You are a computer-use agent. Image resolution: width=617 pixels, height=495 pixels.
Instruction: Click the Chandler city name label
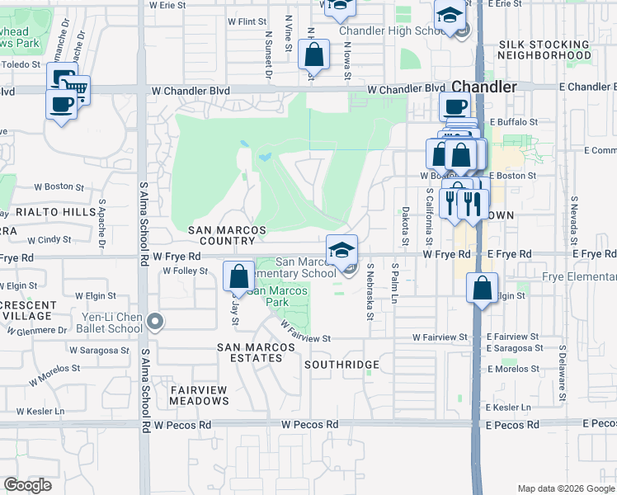coord(484,87)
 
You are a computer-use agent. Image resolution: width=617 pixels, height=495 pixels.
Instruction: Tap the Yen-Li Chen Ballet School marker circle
coord(154,321)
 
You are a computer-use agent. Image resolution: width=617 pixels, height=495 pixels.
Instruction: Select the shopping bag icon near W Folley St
coord(238,277)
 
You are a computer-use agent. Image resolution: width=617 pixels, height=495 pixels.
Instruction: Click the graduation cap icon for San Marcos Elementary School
coord(342,249)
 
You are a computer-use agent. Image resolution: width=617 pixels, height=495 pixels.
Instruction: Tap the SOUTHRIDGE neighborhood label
coord(341,365)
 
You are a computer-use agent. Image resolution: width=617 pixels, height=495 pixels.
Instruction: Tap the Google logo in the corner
coord(27,485)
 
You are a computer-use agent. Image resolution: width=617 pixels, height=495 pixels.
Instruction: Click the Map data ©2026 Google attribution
coord(565,488)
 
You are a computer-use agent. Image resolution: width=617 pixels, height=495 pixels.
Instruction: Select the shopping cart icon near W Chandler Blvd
coord(76,87)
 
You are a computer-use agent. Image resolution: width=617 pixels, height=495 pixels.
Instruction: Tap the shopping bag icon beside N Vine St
coord(314,55)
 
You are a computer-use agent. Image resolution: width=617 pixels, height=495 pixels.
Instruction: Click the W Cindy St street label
coord(49,240)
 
